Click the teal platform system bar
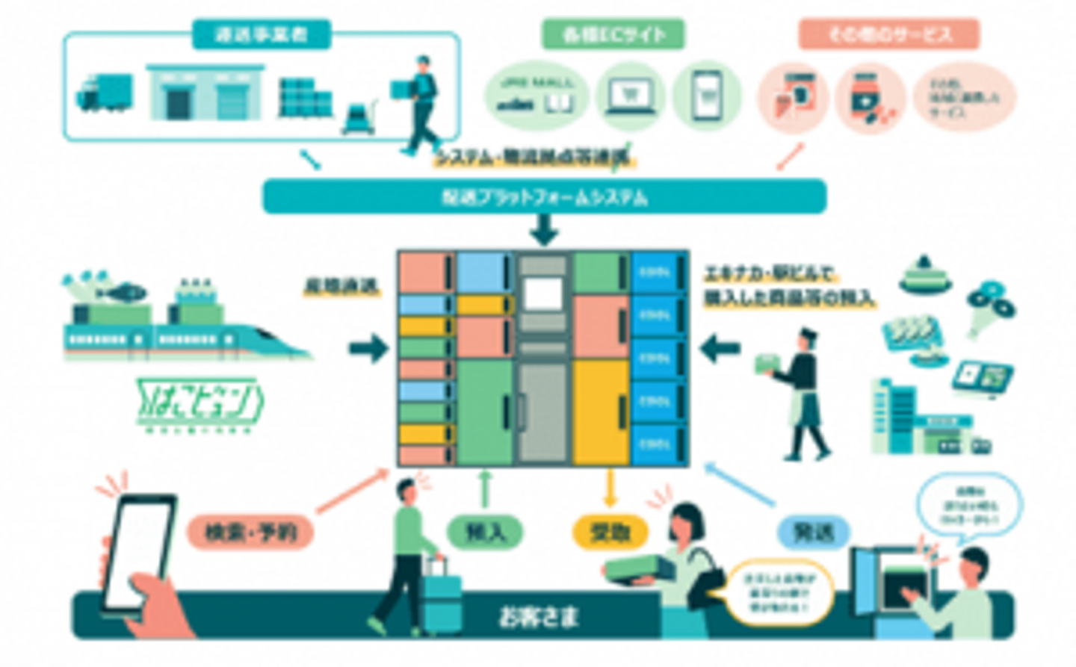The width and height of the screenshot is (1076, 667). [x=544, y=196]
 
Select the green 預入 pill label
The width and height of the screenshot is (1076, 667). [x=485, y=532]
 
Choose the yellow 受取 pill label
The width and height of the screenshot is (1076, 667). [x=610, y=532]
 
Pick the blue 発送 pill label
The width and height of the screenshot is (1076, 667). [x=811, y=532]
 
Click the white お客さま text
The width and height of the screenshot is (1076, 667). [x=538, y=617]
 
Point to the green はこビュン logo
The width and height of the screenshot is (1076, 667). [x=200, y=404]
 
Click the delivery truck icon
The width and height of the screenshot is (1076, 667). [x=104, y=93]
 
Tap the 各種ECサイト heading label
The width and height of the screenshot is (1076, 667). [x=613, y=34]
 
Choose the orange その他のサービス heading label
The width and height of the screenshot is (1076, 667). [x=888, y=34]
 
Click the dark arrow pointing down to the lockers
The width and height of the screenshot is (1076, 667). [x=544, y=229]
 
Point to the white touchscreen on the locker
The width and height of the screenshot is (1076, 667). [x=543, y=294]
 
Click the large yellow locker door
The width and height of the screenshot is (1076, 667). [x=601, y=411]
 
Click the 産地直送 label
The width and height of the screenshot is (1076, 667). [x=341, y=286]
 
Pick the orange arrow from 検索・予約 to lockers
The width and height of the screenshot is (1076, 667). [x=351, y=491]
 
